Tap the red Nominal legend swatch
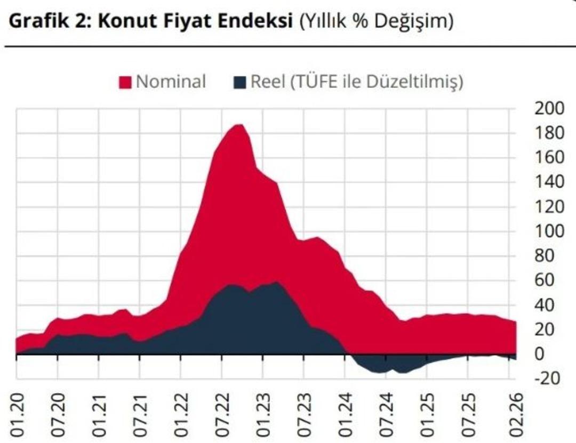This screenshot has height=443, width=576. (125, 83)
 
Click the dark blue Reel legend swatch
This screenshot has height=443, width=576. (241, 83)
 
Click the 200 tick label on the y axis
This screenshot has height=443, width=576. (549, 108)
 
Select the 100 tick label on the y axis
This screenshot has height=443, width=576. (549, 231)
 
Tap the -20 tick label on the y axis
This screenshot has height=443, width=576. (546, 378)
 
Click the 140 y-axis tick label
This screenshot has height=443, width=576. (549, 182)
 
